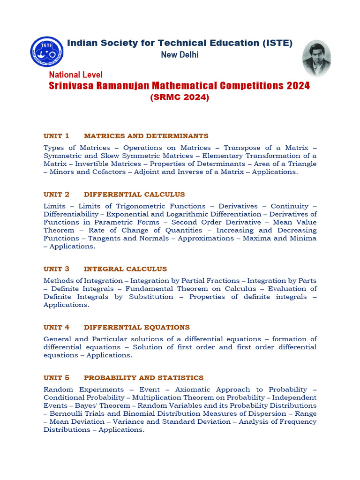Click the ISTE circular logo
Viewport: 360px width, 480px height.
point(46,52)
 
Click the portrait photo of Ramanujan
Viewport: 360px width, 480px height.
point(316,58)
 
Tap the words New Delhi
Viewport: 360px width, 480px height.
point(180,55)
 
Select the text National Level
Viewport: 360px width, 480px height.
point(75,75)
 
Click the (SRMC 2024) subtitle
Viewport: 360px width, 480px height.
point(180,97)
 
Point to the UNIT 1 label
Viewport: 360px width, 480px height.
point(56,136)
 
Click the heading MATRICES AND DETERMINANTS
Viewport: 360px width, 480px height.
point(146,136)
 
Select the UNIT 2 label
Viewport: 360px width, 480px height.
point(56,194)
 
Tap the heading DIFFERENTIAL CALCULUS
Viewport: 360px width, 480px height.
point(134,194)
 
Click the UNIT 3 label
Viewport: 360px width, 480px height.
point(56,269)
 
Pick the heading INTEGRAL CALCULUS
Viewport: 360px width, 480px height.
point(125,269)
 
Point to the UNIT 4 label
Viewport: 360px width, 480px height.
point(56,327)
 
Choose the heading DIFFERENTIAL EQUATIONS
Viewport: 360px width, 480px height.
point(136,327)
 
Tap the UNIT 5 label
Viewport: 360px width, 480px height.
point(56,377)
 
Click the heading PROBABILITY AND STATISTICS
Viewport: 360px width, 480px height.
point(143,377)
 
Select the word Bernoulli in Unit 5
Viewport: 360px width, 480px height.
point(66,413)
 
